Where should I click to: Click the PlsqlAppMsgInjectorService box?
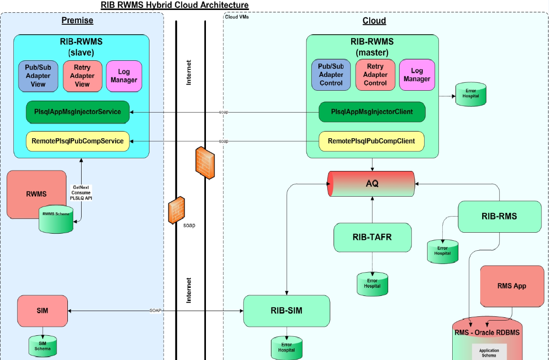(78, 112)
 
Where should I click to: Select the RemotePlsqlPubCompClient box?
(371, 141)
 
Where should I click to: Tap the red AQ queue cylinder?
(372, 184)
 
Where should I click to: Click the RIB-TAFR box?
(372, 237)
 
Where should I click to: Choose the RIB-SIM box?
(286, 311)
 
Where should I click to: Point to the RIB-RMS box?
(499, 217)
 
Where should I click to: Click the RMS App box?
(512, 286)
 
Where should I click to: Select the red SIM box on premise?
(42, 311)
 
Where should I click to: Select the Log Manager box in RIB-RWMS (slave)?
(123, 76)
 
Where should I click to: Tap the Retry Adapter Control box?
(375, 75)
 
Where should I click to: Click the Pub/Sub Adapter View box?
(38, 76)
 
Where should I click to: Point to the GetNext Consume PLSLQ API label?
(82, 192)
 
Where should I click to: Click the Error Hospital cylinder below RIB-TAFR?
(372, 284)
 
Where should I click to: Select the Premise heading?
(77, 20)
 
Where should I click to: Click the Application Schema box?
(489, 352)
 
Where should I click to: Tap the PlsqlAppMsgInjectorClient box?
(372, 112)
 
